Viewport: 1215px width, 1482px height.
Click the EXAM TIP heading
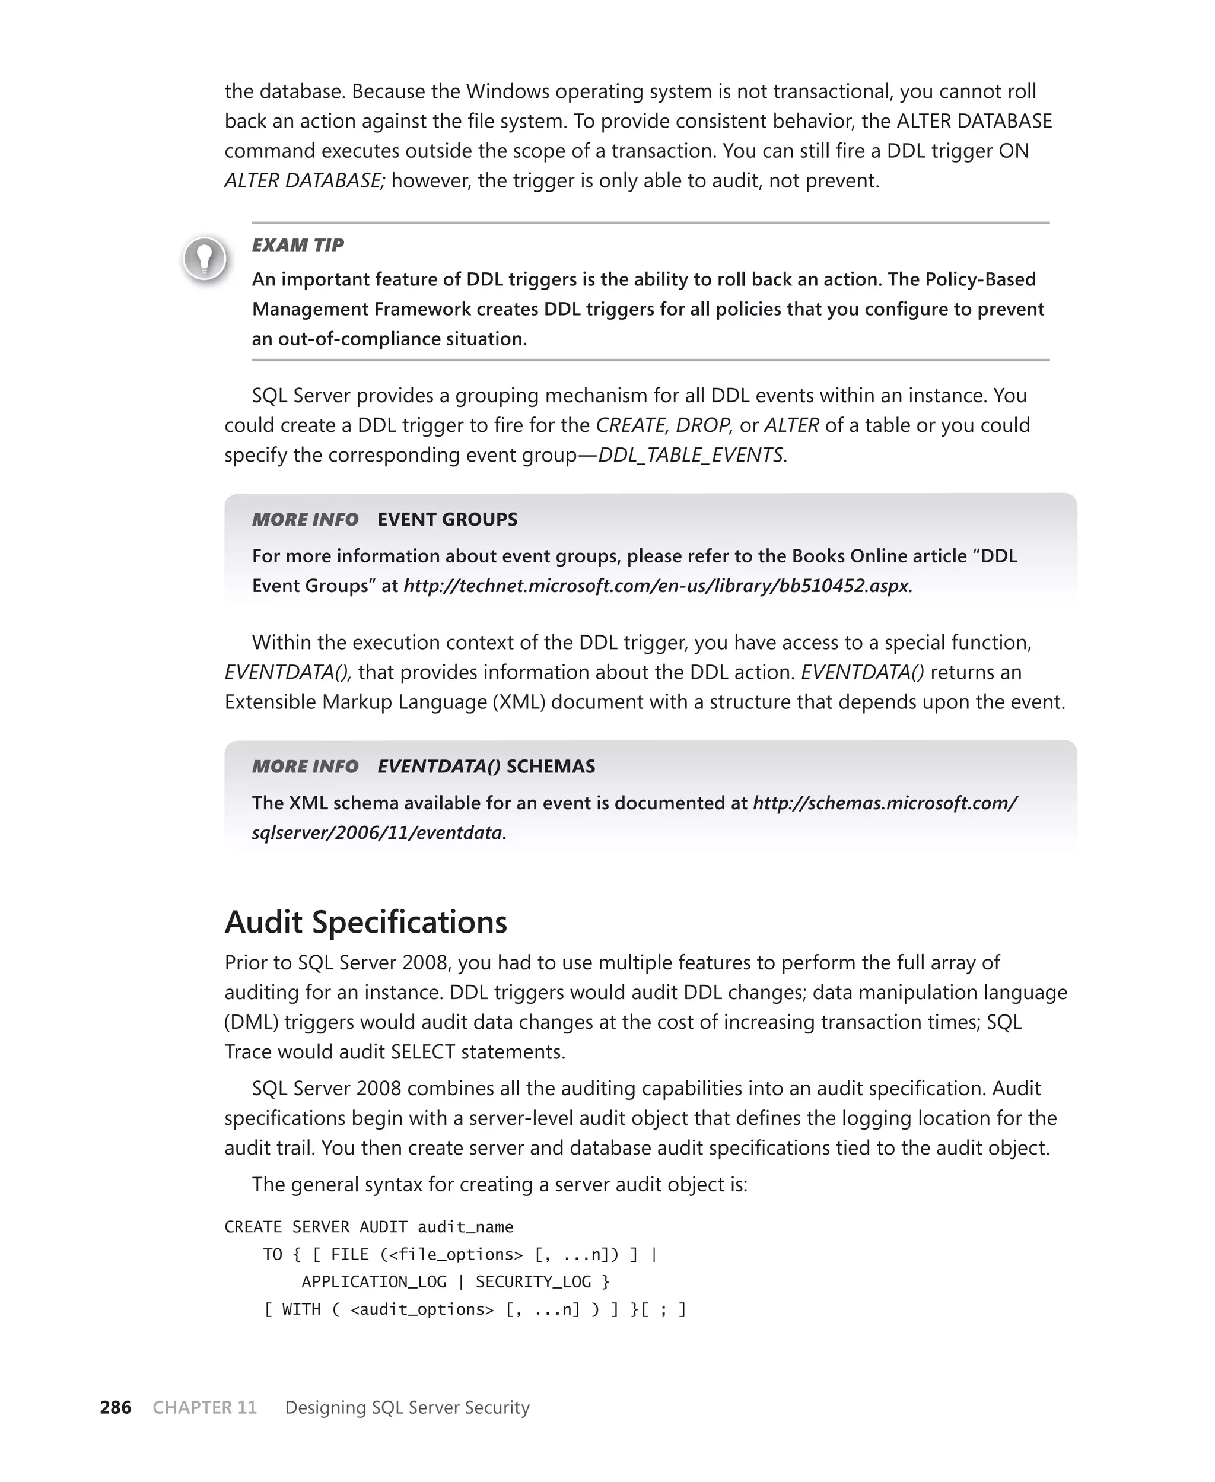tap(297, 245)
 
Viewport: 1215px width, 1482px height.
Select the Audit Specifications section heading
tap(365, 921)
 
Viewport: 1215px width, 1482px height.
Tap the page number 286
tap(116, 1407)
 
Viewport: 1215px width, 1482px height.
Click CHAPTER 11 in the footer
tap(204, 1407)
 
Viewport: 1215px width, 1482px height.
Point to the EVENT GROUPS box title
tap(447, 519)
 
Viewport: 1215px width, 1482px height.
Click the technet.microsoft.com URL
tap(657, 586)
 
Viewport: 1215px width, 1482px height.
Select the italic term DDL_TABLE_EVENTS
tap(691, 455)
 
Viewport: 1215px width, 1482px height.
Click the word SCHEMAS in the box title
tap(551, 766)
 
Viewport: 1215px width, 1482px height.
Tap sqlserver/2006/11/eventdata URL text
tap(377, 833)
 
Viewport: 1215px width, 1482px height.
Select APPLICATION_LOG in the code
tap(374, 1282)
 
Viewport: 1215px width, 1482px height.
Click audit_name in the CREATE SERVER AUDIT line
tap(466, 1227)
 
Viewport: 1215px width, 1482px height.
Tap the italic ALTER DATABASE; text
tap(304, 180)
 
